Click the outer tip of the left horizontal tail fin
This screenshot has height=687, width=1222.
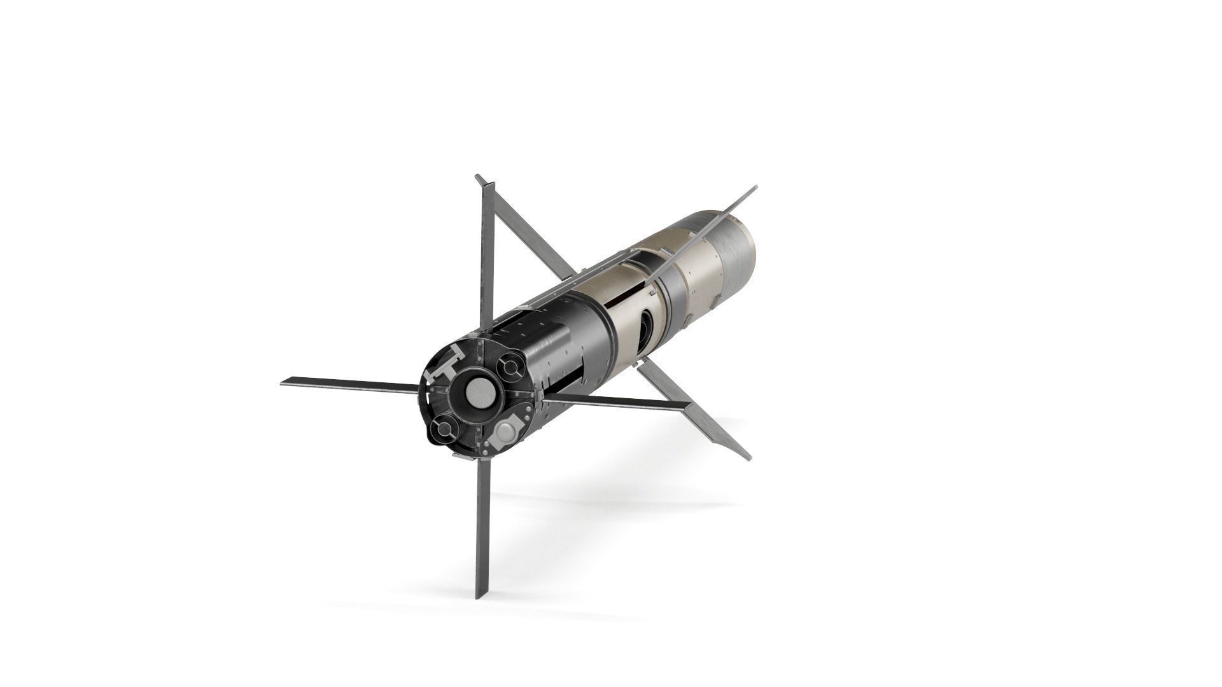[x=283, y=382]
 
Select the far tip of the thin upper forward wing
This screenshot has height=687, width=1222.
[x=755, y=188]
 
